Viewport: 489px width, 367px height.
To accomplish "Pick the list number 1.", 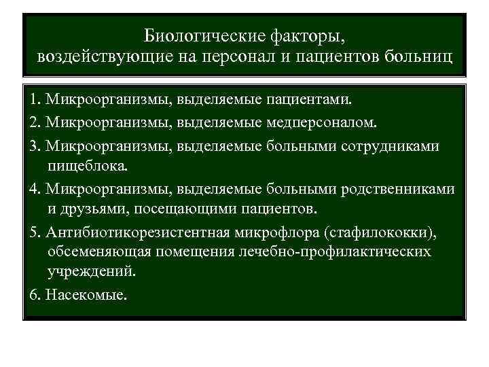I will point(34,101).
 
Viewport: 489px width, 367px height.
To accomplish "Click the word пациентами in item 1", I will point(309,101).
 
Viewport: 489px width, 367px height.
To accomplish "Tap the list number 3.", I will point(34,146).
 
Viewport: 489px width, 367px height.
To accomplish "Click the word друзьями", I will point(93,207).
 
